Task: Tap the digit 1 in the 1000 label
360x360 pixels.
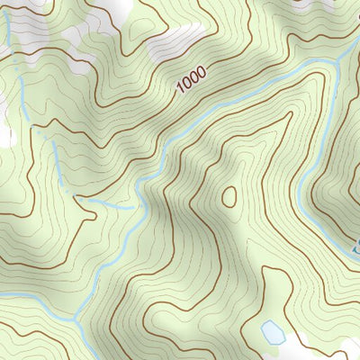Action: (x=180, y=87)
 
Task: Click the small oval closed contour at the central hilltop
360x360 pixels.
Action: (x=228, y=195)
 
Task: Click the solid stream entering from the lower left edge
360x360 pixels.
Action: (x=27, y=296)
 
